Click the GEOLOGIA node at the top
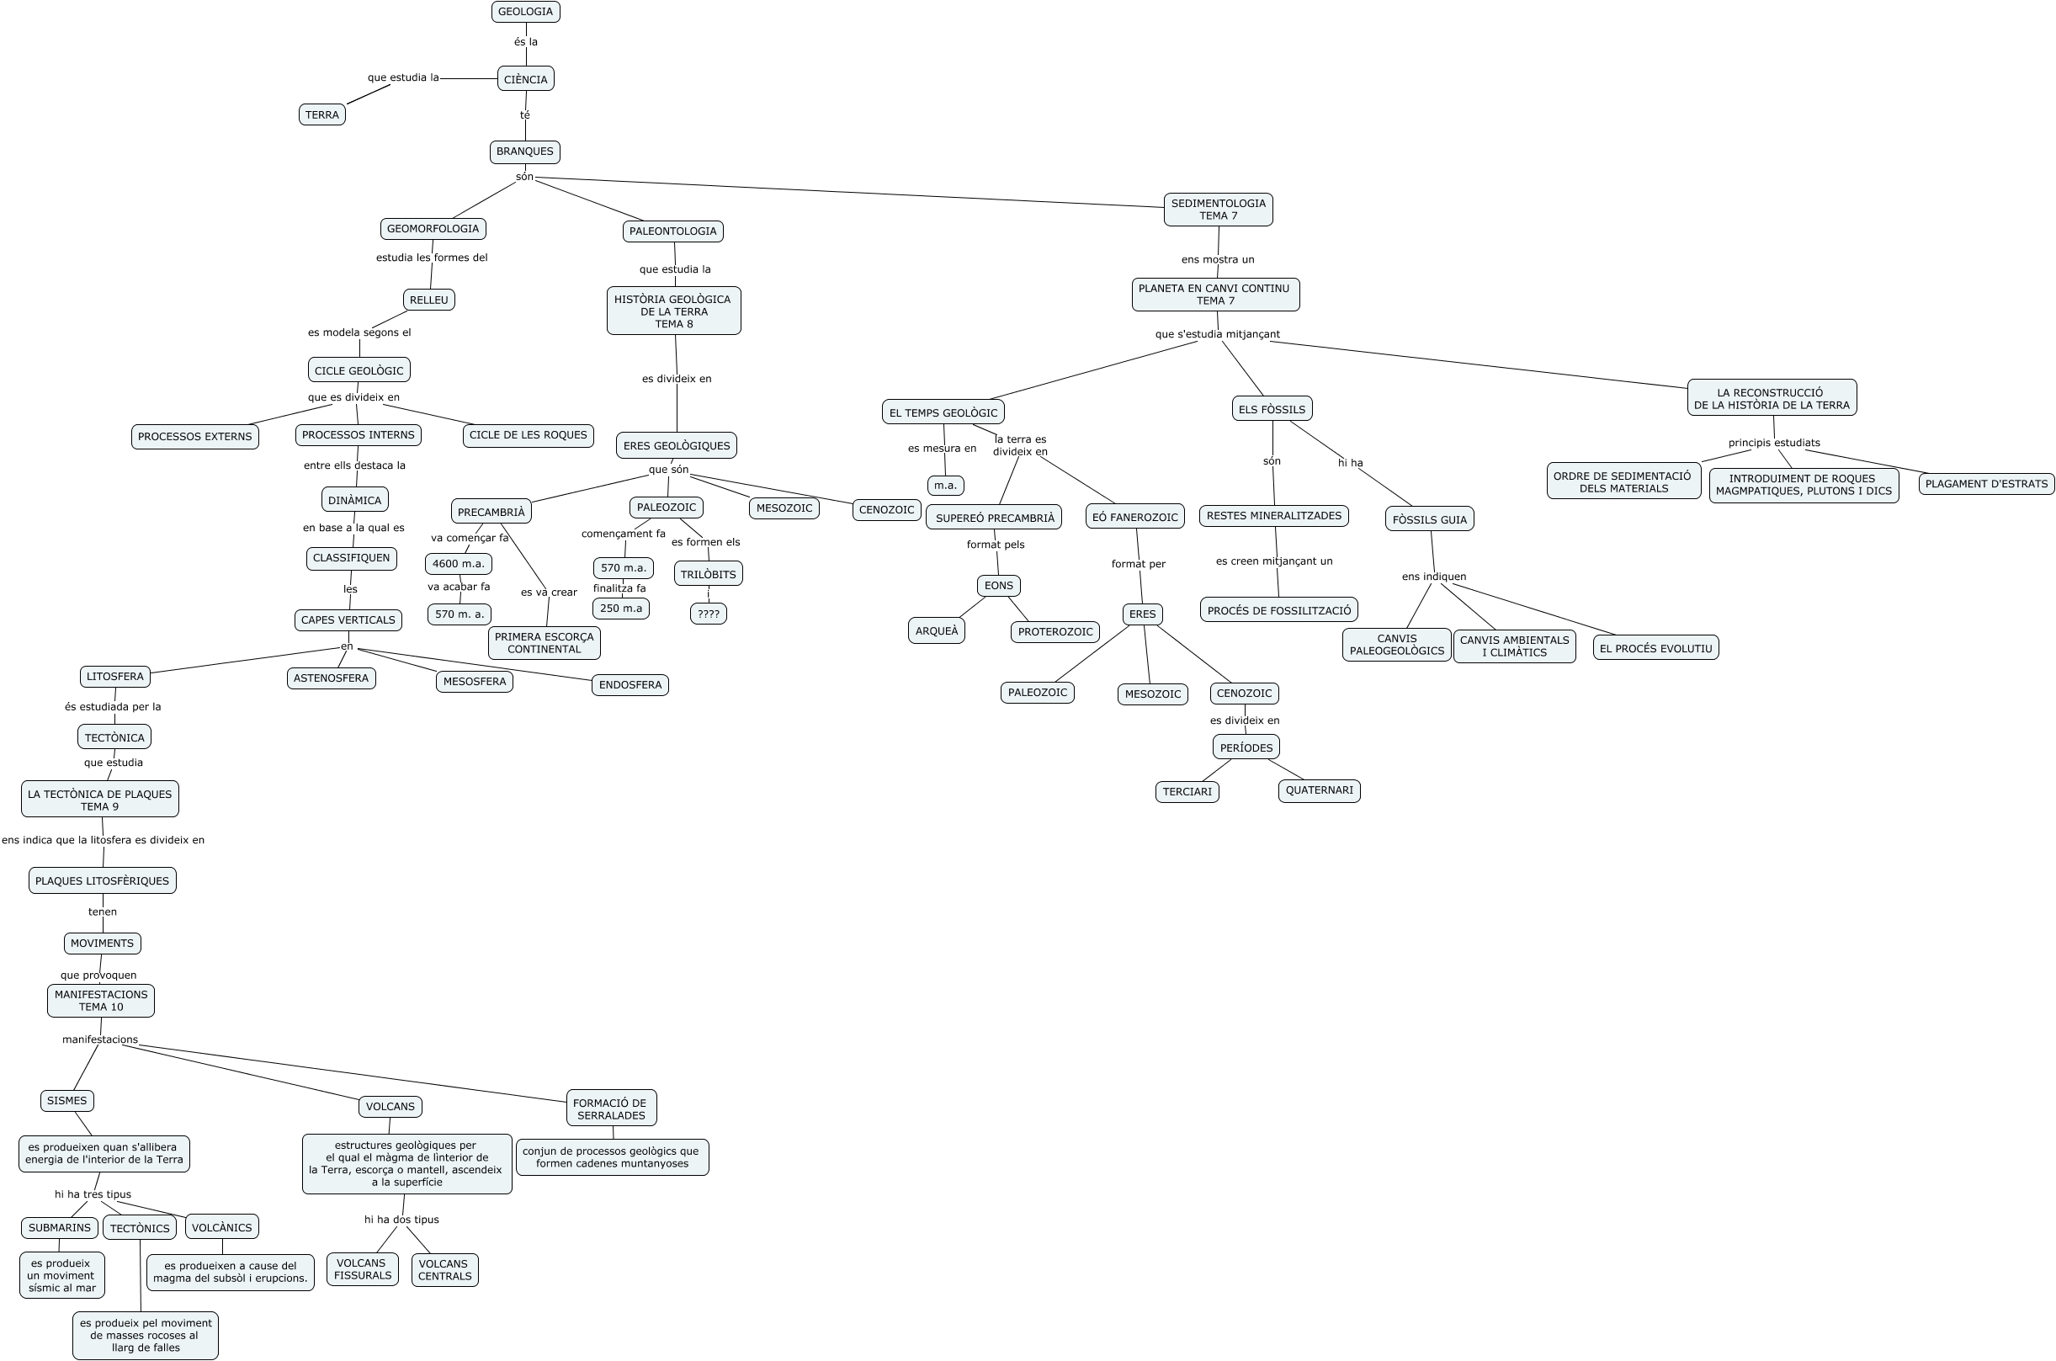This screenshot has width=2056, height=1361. [525, 11]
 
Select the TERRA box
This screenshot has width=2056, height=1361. [322, 114]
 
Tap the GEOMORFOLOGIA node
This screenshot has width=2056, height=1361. [433, 229]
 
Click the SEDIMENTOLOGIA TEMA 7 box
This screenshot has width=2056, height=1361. [1218, 210]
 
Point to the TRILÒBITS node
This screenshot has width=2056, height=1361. [707, 574]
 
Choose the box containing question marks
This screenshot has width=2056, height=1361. [708, 614]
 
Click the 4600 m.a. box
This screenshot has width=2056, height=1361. [458, 563]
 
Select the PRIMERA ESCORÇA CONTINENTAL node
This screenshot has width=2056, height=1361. [545, 642]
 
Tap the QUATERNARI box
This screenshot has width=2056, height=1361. [1318, 790]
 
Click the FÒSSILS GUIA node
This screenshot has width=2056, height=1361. [1428, 519]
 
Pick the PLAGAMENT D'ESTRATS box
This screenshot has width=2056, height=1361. [1985, 483]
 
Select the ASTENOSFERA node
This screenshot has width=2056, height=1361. [331, 678]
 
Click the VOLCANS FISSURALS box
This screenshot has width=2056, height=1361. [362, 1269]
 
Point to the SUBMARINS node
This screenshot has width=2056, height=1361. [59, 1227]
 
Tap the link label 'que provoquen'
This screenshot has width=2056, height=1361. [98, 975]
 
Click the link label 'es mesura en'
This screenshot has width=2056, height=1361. [942, 449]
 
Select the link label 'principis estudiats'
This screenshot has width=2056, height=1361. [1773, 443]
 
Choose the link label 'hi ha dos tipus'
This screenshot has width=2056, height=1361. [401, 1220]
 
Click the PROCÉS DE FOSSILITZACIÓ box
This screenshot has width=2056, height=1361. [1278, 610]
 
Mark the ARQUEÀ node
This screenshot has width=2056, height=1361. [937, 631]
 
